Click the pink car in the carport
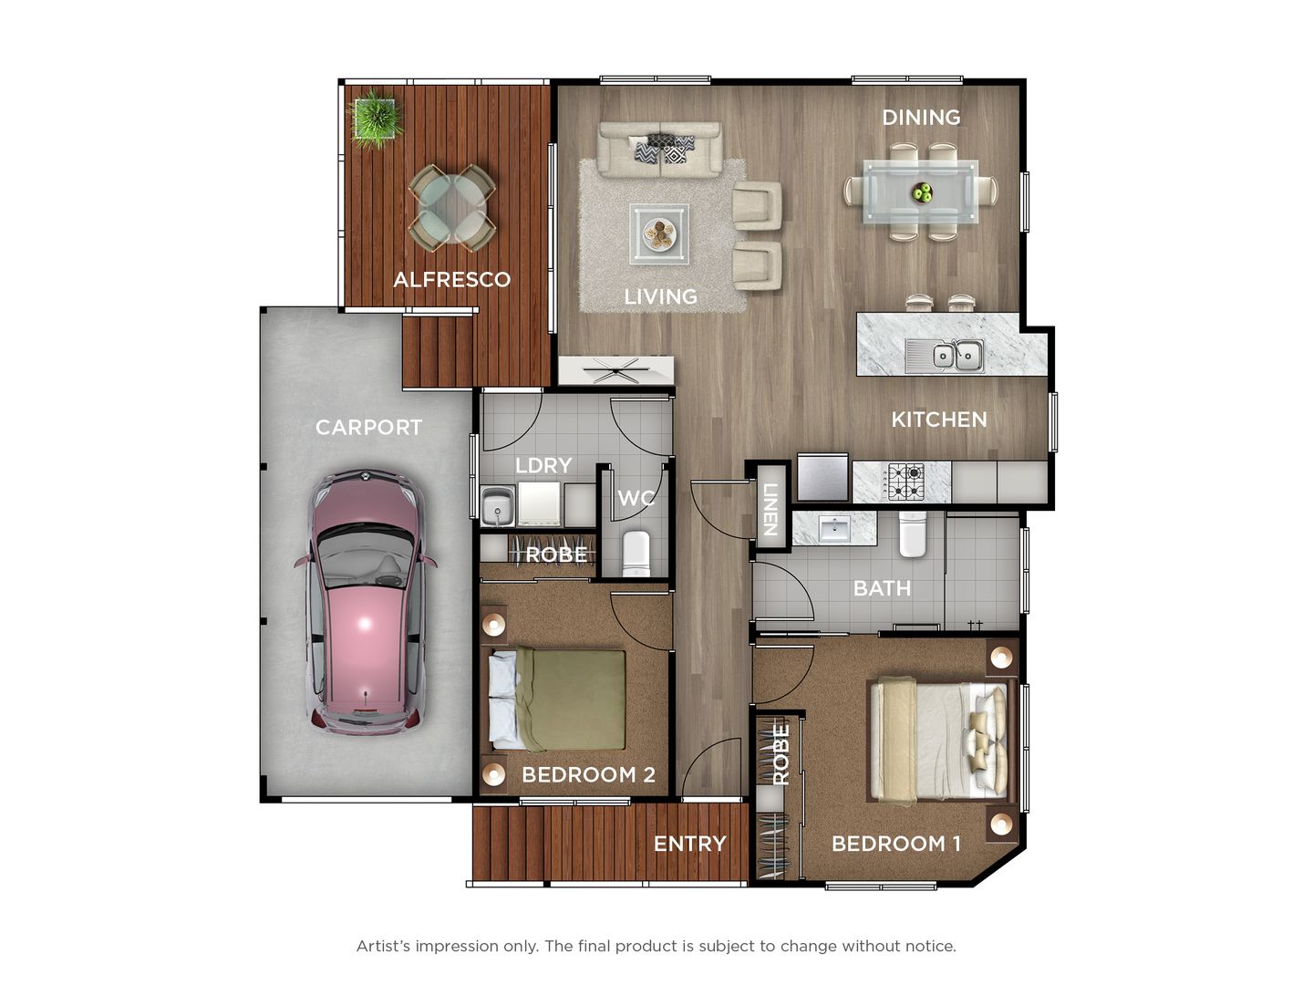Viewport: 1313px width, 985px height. [x=365, y=602]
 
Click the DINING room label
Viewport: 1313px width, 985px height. [x=921, y=117]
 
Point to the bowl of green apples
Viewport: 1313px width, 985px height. [x=923, y=192]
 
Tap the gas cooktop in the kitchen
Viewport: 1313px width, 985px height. [x=905, y=482]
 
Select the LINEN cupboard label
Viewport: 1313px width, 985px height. [x=769, y=510]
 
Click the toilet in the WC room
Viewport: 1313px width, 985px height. [x=636, y=553]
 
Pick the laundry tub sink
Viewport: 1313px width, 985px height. [x=498, y=507]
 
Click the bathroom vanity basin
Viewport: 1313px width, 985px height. [x=834, y=528]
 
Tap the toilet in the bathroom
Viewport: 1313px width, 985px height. [x=913, y=534]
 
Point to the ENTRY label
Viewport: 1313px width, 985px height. [x=689, y=844]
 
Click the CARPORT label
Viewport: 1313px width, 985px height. [x=368, y=427]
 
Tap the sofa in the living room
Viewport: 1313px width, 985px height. [x=659, y=149]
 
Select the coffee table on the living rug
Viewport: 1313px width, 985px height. [x=658, y=233]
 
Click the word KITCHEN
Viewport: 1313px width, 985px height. [x=939, y=420]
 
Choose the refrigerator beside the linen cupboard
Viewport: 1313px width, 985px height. [x=822, y=478]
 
